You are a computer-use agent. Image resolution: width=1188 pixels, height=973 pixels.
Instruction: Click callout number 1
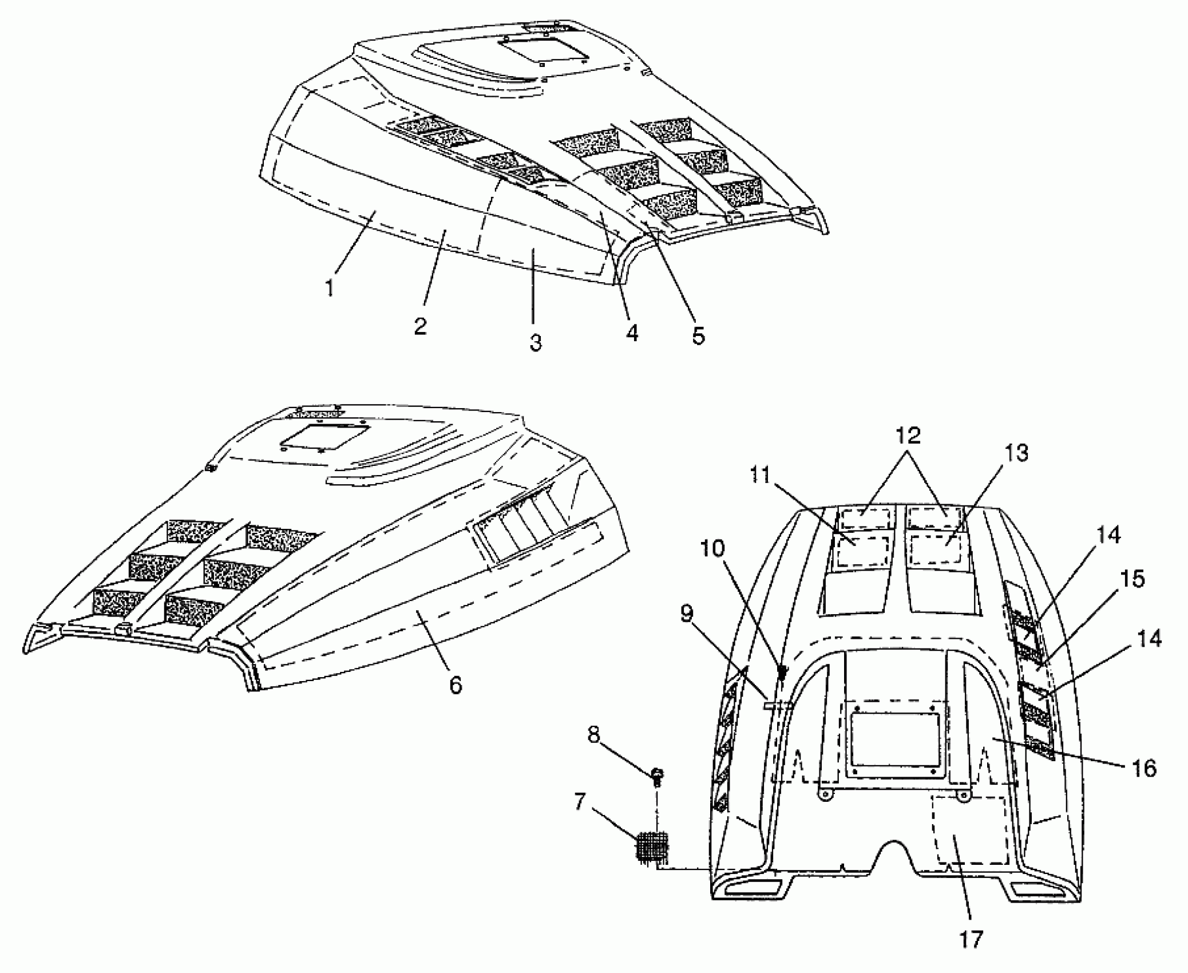tap(330, 287)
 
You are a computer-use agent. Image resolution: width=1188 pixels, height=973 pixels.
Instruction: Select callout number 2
tap(421, 326)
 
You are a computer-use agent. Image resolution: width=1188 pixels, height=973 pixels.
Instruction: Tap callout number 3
tap(535, 343)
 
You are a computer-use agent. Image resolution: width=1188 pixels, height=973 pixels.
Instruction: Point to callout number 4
tap(631, 333)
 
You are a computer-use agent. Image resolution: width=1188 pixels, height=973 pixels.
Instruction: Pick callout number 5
tap(698, 336)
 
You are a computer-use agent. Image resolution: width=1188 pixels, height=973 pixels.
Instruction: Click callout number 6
tap(456, 685)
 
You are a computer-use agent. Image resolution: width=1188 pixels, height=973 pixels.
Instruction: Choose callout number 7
tap(580, 802)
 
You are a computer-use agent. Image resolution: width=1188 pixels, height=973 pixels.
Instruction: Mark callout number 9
tap(687, 614)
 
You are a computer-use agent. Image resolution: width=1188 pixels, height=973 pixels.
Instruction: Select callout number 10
tap(712, 549)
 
